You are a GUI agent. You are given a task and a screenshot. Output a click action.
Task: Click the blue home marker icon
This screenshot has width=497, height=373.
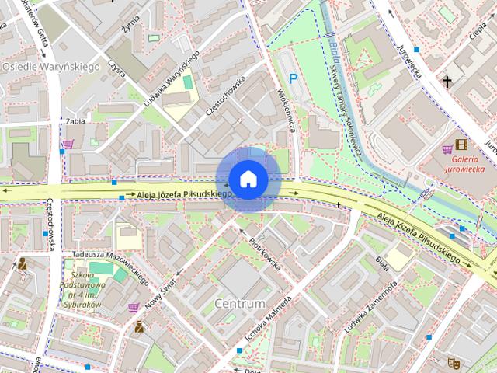[248, 179]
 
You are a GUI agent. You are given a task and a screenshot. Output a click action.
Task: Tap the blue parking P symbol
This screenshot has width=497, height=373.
[293, 78]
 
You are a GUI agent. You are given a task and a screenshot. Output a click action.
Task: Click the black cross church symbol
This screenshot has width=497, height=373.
[447, 81]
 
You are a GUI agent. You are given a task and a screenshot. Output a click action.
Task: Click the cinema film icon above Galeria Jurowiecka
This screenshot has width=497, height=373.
[462, 145]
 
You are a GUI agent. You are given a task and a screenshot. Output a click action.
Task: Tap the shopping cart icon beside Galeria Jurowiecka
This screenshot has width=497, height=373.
[447, 148]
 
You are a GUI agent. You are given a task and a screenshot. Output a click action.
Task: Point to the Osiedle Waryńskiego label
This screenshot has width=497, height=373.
[51, 68]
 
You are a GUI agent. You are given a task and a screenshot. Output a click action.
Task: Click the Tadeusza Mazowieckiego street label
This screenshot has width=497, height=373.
[109, 265]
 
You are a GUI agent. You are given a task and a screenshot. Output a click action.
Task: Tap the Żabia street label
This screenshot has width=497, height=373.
[75, 121]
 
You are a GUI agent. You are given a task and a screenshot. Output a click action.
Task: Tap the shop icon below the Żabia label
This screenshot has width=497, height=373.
[68, 144]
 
